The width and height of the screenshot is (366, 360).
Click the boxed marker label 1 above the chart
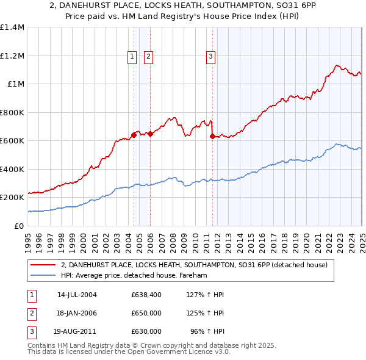[x=132, y=57]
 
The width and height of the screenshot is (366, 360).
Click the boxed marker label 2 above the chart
[x=148, y=57]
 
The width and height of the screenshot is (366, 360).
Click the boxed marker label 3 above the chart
[x=210, y=57]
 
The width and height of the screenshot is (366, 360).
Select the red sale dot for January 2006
[x=151, y=134]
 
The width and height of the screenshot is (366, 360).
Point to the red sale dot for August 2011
[x=212, y=136]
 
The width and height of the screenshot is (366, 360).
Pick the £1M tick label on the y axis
[x=16, y=84]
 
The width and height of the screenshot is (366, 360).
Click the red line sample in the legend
[x=43, y=265]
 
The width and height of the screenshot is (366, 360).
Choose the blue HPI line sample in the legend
[x=43, y=276]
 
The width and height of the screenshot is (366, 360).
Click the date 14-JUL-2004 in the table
[x=77, y=295]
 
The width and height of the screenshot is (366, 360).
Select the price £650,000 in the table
[x=146, y=313]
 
